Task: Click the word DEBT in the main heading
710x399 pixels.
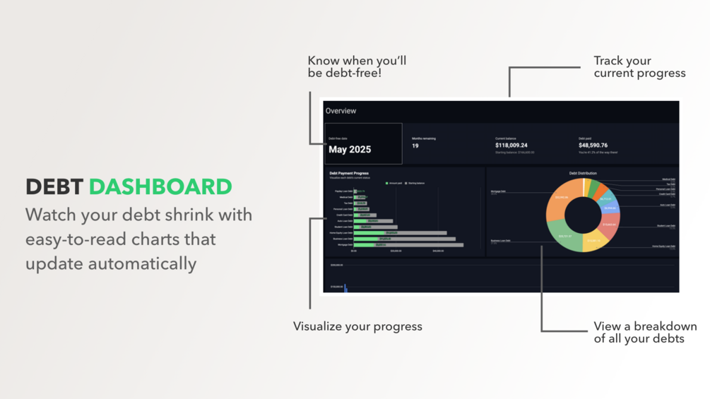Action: (54, 187)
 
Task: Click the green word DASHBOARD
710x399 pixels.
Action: (160, 187)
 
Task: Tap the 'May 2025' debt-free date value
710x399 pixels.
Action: (350, 150)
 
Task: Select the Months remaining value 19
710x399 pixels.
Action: (415, 146)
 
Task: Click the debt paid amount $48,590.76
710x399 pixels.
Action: (593, 145)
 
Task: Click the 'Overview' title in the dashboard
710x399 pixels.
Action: (341, 111)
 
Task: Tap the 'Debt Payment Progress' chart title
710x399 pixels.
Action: (349, 173)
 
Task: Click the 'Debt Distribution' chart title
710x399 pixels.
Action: (583, 173)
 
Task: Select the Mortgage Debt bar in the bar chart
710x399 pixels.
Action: (408, 245)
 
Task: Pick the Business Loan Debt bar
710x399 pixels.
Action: (404, 239)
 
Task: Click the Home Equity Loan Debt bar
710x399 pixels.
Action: (400, 233)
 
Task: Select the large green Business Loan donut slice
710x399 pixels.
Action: (564, 237)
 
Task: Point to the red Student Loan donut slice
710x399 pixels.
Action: (609, 225)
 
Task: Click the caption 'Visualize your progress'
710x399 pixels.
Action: (357, 326)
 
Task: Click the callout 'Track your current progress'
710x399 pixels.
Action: (639, 67)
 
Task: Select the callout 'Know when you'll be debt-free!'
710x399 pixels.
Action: (357, 67)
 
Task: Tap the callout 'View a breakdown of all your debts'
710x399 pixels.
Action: (644, 333)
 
